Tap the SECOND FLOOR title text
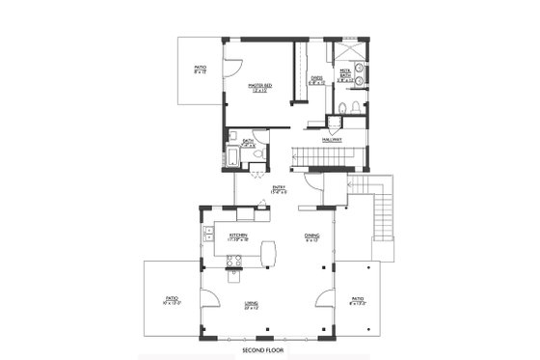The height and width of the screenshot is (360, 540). [x=260, y=348]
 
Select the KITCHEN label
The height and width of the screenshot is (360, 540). [x=240, y=236]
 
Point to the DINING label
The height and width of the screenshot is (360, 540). [x=312, y=236]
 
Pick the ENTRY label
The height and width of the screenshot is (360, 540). [x=278, y=189]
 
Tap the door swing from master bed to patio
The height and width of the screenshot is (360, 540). [x=232, y=69]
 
